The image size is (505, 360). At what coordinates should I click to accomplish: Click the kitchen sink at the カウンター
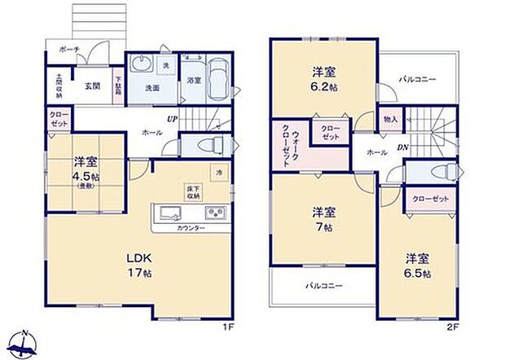point(169,215)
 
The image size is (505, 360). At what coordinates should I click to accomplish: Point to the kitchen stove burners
point(215,215)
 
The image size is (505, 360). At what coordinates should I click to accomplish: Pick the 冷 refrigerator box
point(217,173)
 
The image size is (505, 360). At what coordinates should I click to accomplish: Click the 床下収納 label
point(194,192)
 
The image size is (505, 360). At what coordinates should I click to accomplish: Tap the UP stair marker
point(173,120)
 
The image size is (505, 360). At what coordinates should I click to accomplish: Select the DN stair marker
point(402,147)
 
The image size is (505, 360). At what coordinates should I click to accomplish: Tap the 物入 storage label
point(391,120)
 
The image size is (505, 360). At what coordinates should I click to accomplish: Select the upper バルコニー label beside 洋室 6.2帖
point(417,80)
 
